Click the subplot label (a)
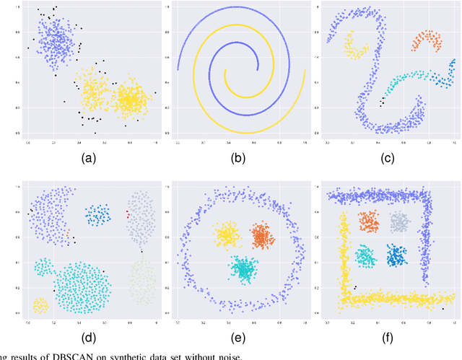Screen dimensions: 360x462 click(x=92, y=157)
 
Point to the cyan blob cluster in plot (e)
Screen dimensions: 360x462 click(x=244, y=268)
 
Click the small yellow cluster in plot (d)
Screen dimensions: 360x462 click(x=40, y=307)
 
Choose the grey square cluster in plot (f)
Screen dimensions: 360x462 click(x=400, y=221)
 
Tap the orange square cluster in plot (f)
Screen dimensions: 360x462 click(x=369, y=221)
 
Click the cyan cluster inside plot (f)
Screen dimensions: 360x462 click(x=366, y=255)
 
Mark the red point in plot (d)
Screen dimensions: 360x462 click(x=128, y=214)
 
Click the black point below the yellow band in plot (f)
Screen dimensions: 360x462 click(x=443, y=309)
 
